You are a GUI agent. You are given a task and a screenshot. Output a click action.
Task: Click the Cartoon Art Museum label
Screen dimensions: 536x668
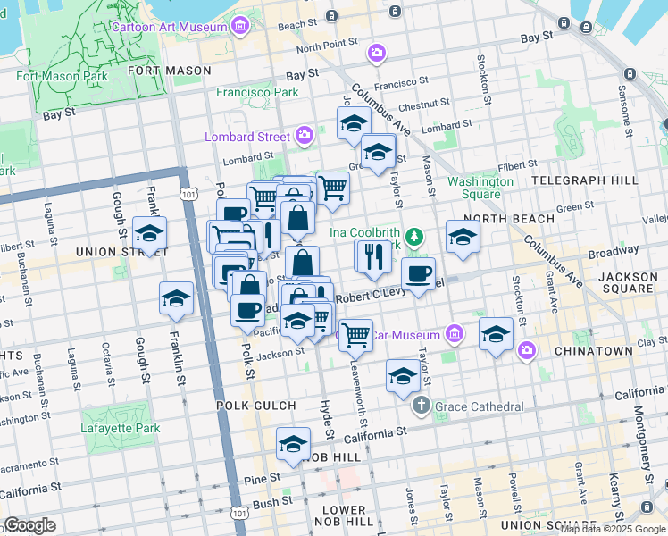point(169,27)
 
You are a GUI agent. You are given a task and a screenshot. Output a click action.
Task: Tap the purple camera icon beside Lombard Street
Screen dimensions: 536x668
point(305,137)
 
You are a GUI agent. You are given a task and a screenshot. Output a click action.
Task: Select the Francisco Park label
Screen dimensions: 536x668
point(257,92)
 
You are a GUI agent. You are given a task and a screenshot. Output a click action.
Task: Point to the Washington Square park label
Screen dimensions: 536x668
point(480,188)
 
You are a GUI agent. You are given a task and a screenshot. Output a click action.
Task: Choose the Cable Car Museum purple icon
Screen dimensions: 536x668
point(455,335)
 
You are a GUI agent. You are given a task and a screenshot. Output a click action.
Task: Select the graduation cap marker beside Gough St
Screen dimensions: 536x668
point(150,233)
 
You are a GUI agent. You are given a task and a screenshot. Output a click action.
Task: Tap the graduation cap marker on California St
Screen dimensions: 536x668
point(293,444)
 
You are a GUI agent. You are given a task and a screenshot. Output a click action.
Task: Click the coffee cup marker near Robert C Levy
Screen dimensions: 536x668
point(418,273)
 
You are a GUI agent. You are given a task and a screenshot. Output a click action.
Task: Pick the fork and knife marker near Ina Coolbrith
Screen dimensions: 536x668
point(372,255)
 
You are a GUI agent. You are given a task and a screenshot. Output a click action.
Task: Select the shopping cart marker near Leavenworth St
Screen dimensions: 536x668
point(355,335)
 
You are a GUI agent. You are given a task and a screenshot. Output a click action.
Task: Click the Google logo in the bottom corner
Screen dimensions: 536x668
point(30,525)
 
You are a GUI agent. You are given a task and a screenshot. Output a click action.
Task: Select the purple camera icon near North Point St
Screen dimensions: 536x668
point(377,54)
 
